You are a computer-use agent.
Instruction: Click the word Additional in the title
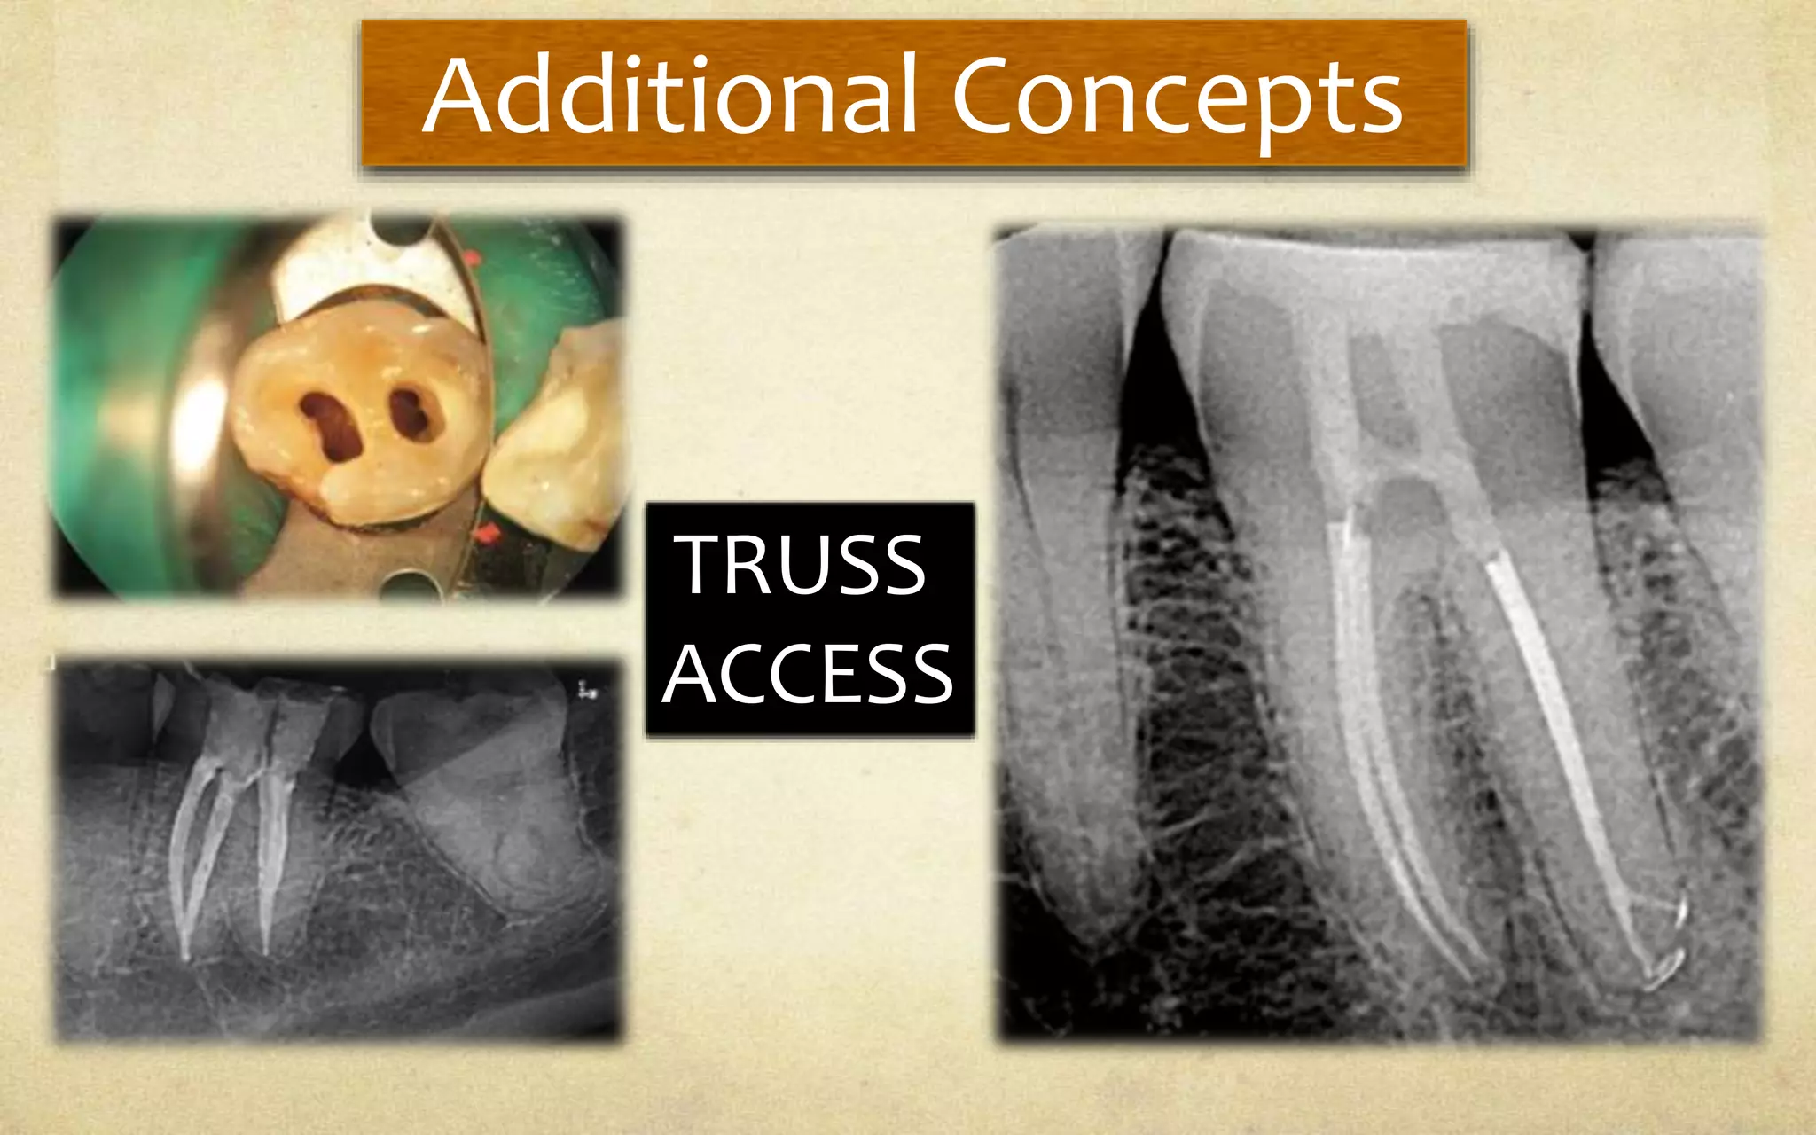coord(669,96)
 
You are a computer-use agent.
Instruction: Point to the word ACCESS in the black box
coord(808,674)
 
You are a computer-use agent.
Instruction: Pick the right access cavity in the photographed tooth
coord(413,413)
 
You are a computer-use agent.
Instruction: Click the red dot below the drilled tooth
coord(487,534)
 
